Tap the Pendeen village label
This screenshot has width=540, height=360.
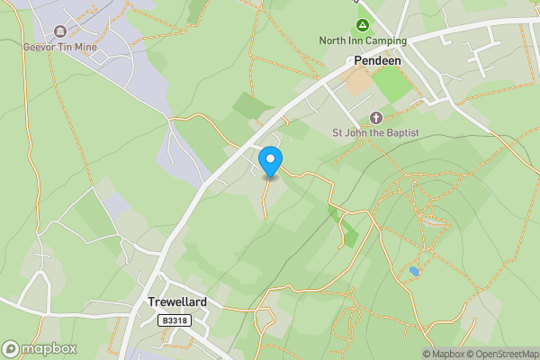377,61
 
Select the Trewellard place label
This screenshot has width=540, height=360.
177,303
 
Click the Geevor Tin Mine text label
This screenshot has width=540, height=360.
59,47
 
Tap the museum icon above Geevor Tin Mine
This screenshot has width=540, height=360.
60,32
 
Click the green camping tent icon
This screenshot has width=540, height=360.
363,25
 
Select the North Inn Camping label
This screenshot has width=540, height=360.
363,40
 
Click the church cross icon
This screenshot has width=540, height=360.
376,118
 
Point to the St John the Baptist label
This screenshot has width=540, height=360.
376,133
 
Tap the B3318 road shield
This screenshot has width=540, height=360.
176,320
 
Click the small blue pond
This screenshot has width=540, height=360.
414,271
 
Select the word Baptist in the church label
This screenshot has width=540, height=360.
400,133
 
